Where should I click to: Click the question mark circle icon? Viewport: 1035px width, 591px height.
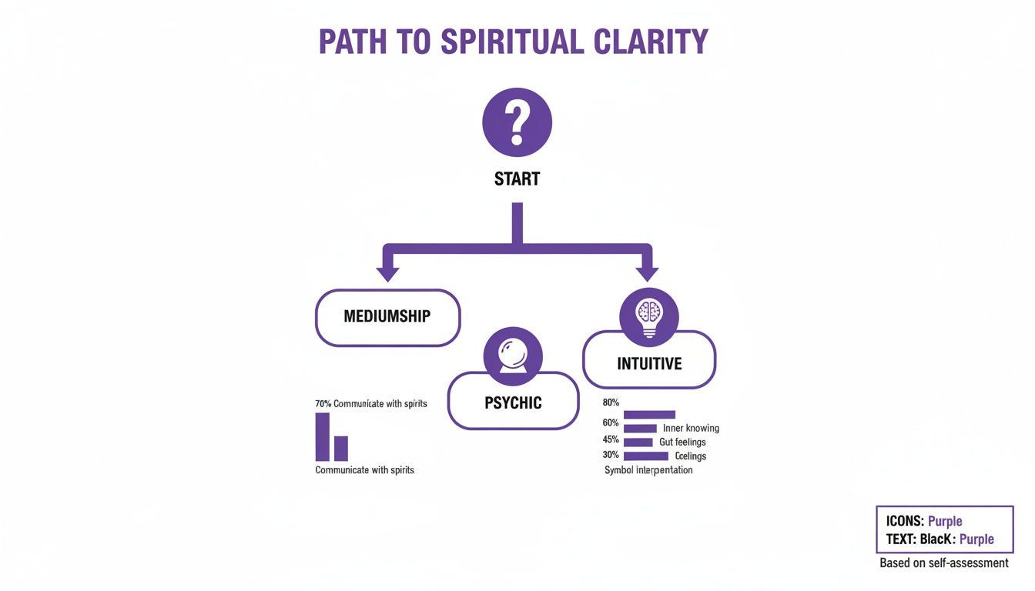517,122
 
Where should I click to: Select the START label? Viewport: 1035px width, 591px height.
517,179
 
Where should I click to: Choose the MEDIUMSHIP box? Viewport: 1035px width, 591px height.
387,316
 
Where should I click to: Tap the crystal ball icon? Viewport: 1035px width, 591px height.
512,355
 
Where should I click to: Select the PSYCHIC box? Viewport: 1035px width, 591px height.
513,402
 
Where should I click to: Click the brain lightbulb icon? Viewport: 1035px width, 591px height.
649,316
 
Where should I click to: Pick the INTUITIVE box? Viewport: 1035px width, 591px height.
649,363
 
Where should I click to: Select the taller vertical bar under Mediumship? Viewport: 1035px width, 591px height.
322,436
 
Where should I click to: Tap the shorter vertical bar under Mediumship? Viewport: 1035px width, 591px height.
340,448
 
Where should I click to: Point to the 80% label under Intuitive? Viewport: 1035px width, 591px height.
611,402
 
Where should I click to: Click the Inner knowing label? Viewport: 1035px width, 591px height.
691,428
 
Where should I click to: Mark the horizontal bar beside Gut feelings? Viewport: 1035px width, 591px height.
638,442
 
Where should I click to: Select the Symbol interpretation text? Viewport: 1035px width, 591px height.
648,469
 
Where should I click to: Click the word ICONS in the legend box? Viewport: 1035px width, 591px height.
905,521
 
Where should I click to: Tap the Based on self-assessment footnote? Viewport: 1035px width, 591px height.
943,563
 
